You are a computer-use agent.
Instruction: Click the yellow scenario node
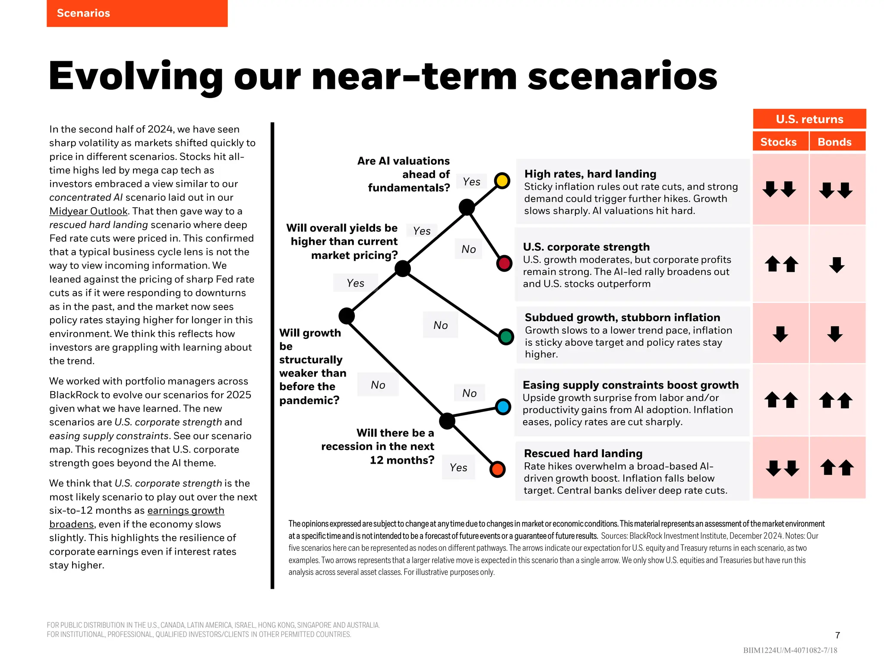(502, 180)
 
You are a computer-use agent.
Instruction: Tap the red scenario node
(504, 263)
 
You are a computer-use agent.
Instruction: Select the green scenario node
(506, 336)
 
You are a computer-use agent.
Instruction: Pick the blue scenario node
(503, 407)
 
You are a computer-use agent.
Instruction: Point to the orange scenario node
(497, 469)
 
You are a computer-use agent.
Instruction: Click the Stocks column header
(778, 142)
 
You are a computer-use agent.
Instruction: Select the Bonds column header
(834, 142)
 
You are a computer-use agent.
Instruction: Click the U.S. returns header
(809, 119)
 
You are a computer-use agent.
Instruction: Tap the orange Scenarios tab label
(84, 13)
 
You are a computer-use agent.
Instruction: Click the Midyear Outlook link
(88, 211)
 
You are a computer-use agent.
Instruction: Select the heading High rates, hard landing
(590, 174)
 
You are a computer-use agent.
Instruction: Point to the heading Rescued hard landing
(583, 453)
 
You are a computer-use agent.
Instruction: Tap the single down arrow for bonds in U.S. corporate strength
(837, 265)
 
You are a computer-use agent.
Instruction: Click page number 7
(837, 635)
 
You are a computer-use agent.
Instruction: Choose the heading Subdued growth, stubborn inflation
(622, 317)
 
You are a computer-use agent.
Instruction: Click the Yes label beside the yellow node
(471, 182)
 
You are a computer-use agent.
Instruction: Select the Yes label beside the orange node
(458, 467)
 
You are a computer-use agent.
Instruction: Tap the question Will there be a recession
(378, 446)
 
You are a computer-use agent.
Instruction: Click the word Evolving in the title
(136, 76)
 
